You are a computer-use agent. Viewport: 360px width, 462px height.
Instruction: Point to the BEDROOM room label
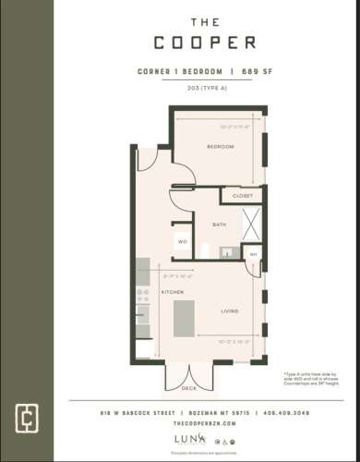pos(220,147)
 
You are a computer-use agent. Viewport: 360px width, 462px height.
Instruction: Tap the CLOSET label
pos(242,196)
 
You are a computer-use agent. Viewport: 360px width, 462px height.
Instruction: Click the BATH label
pos(220,225)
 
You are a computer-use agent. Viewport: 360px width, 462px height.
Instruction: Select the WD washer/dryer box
pos(181,242)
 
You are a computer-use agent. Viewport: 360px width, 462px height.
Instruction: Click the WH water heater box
pos(252,253)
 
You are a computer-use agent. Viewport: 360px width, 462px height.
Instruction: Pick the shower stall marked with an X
pos(252,224)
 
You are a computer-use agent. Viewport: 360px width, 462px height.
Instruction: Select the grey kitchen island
pos(185,317)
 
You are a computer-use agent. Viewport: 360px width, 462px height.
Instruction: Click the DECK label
pos(188,388)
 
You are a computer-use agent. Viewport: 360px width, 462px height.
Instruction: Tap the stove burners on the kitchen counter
pos(142,296)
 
